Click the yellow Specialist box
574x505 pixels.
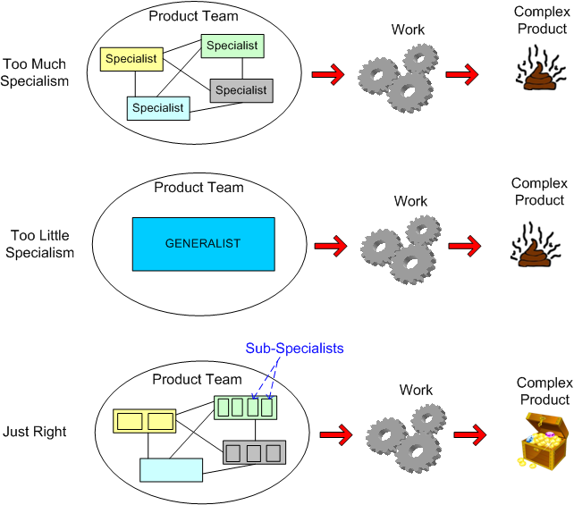(131, 60)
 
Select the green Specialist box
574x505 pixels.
(232, 46)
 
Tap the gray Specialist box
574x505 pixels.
(241, 90)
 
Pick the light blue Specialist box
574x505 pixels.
(157, 108)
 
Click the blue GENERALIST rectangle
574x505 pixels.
(203, 243)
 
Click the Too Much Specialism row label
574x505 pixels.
(36, 72)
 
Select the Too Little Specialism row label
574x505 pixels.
(40, 244)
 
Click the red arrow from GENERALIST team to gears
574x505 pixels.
(331, 244)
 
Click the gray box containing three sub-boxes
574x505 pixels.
(255, 452)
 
